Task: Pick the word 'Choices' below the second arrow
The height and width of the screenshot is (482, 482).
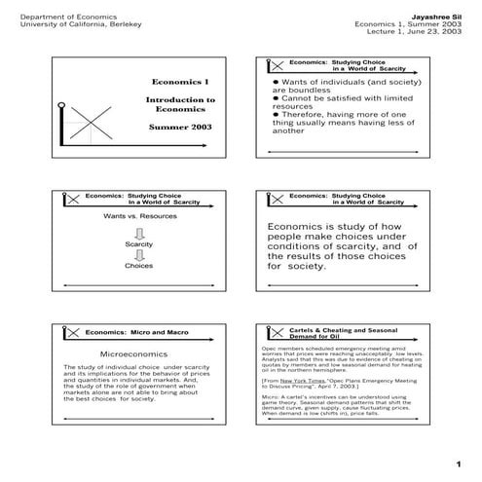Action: point(138,265)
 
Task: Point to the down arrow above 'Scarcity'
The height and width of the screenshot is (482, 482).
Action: point(138,231)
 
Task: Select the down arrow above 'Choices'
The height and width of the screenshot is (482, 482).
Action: point(138,254)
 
